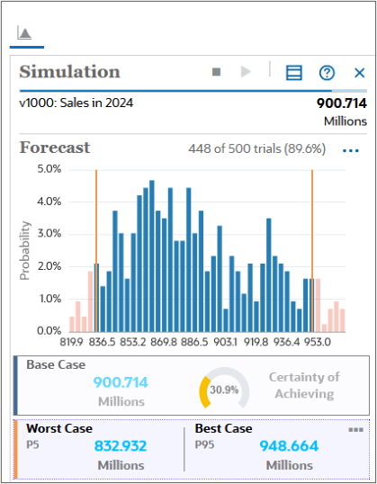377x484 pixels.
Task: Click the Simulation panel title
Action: coord(69,72)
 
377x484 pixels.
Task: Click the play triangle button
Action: coord(246,72)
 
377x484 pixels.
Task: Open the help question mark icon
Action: coord(327,73)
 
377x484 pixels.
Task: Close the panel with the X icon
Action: coord(359,73)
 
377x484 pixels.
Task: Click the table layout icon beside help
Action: coord(294,73)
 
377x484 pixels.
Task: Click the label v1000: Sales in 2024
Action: coord(76,103)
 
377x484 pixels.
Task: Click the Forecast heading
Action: coord(55,148)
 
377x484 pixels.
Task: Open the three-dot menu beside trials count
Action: coord(351,150)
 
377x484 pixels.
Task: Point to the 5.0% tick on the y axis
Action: coord(49,168)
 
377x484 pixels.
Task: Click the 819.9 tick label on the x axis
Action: coord(72,342)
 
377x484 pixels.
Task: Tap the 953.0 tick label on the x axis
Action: coord(317,342)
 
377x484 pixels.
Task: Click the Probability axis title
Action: coord(26,249)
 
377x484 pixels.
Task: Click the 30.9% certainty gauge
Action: coord(223,389)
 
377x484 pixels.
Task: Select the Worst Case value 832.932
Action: coord(120,445)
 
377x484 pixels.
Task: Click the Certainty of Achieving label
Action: coord(304,385)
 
